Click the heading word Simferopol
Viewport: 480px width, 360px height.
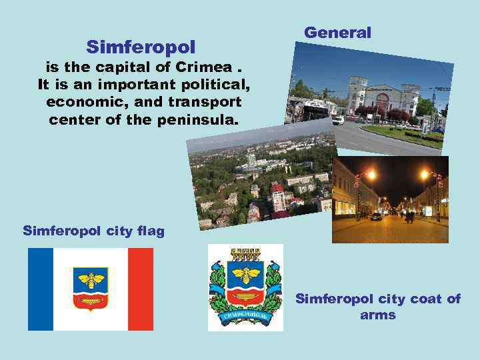141,47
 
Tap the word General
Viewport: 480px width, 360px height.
337,33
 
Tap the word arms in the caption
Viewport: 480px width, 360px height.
377,315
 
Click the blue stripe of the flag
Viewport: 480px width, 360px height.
41,289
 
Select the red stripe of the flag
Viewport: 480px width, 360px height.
140,289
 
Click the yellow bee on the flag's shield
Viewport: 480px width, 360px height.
91,278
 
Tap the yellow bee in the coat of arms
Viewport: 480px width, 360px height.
245,273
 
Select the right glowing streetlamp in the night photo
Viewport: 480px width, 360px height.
424,175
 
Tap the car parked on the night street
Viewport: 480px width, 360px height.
377,217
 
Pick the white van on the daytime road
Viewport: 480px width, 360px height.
338,120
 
